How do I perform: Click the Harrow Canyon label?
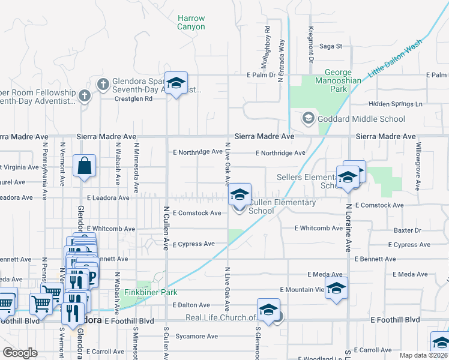[x=191, y=23]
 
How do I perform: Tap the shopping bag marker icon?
[x=85, y=166]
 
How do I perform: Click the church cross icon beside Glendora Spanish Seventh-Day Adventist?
[x=103, y=83]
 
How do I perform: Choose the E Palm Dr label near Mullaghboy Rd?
[x=261, y=75]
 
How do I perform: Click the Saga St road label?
[x=330, y=46]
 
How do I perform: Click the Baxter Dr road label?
[x=408, y=230]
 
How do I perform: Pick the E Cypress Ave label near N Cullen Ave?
[x=193, y=244]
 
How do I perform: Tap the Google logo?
[x=20, y=353]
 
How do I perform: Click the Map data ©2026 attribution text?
[x=423, y=355]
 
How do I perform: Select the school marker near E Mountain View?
[x=336, y=287]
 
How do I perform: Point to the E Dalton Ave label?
[x=192, y=305]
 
